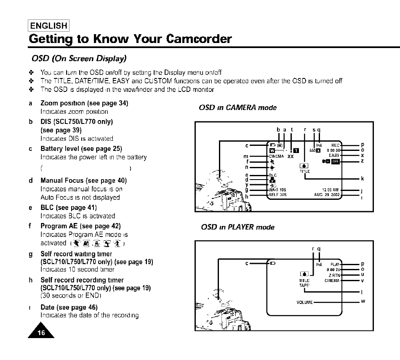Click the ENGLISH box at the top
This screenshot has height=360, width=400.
pos(49,26)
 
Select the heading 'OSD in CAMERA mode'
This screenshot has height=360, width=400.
pos(237,107)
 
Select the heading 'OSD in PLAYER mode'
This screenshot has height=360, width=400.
pos(238,227)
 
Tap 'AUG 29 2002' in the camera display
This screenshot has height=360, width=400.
pos(327,195)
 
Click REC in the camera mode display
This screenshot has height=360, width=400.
pos(335,145)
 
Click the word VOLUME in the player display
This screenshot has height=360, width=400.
pos(304,302)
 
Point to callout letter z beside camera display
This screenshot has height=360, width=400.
pos(362,161)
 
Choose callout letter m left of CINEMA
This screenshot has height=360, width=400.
pos(245,156)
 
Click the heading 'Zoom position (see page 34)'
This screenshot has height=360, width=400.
pos(84,103)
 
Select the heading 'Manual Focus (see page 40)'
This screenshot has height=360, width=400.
pos(83,180)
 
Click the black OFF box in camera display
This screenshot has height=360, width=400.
pos(335,161)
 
